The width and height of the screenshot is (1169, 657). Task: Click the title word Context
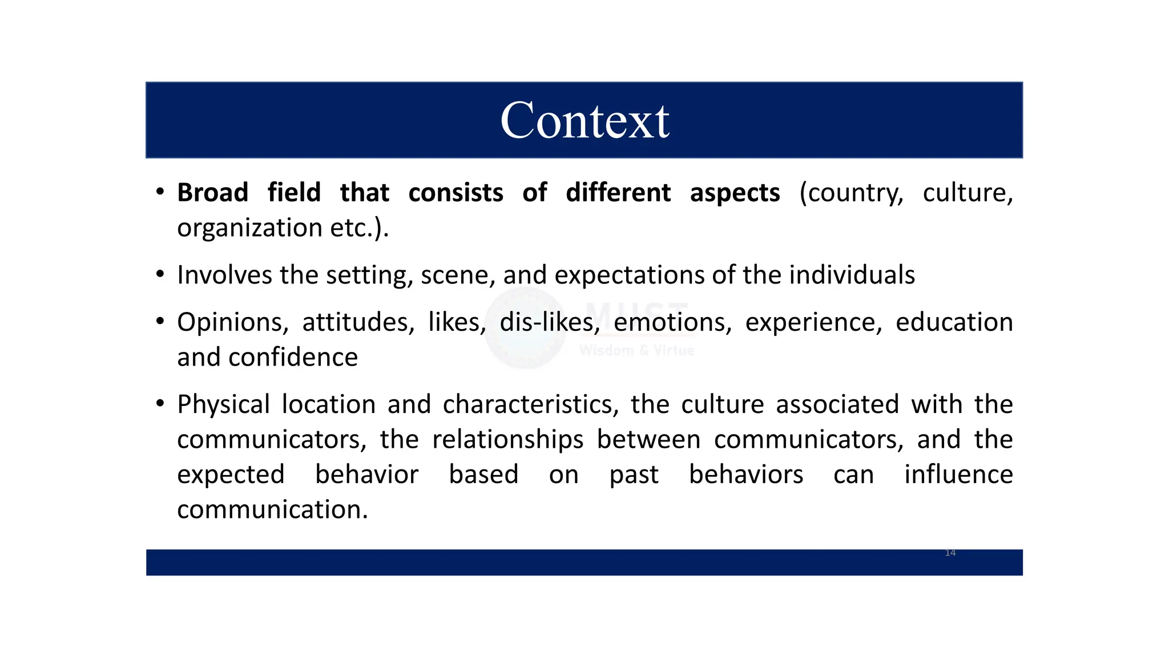584,121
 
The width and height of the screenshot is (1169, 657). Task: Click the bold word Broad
212,193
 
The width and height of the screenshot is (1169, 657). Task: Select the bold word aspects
735,193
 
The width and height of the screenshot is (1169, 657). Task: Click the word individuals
852,275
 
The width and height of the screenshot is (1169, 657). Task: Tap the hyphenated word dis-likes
549,322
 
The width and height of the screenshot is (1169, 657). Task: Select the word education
954,322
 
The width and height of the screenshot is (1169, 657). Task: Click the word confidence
293,358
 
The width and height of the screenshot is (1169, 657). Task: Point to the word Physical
223,405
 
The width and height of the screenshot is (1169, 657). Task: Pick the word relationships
507,440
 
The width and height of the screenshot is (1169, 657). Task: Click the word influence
958,474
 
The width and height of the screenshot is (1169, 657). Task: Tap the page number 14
950,553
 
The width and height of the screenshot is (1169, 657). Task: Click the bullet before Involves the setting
160,275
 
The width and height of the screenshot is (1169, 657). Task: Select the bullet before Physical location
160,404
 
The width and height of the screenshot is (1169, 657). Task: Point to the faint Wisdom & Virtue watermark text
636,350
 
